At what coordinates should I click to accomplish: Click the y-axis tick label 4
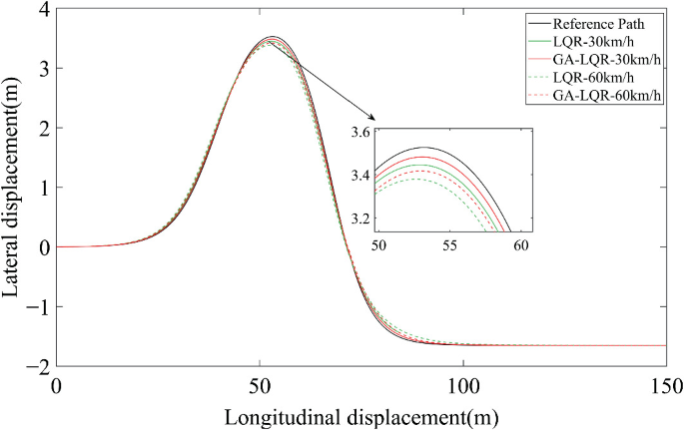pyautogui.click(x=42, y=9)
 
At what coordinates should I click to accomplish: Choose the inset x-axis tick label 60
pyautogui.click(x=520, y=243)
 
